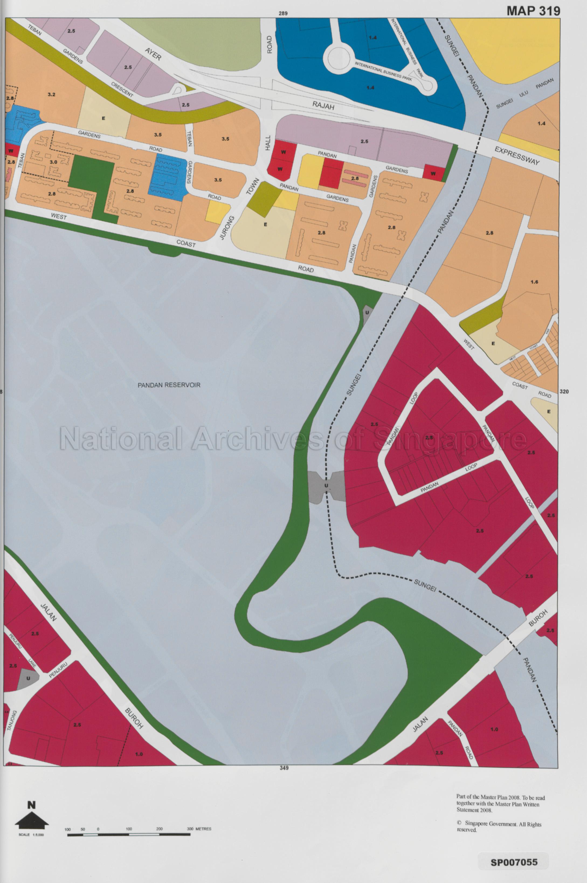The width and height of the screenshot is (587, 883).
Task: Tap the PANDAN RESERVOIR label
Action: click(x=169, y=385)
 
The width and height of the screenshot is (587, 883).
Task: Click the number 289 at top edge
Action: click(x=283, y=13)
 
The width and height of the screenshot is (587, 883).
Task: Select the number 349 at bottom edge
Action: click(x=284, y=768)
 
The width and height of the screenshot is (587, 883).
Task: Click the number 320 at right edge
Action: click(x=564, y=392)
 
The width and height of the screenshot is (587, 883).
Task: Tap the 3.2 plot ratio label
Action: click(x=51, y=94)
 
